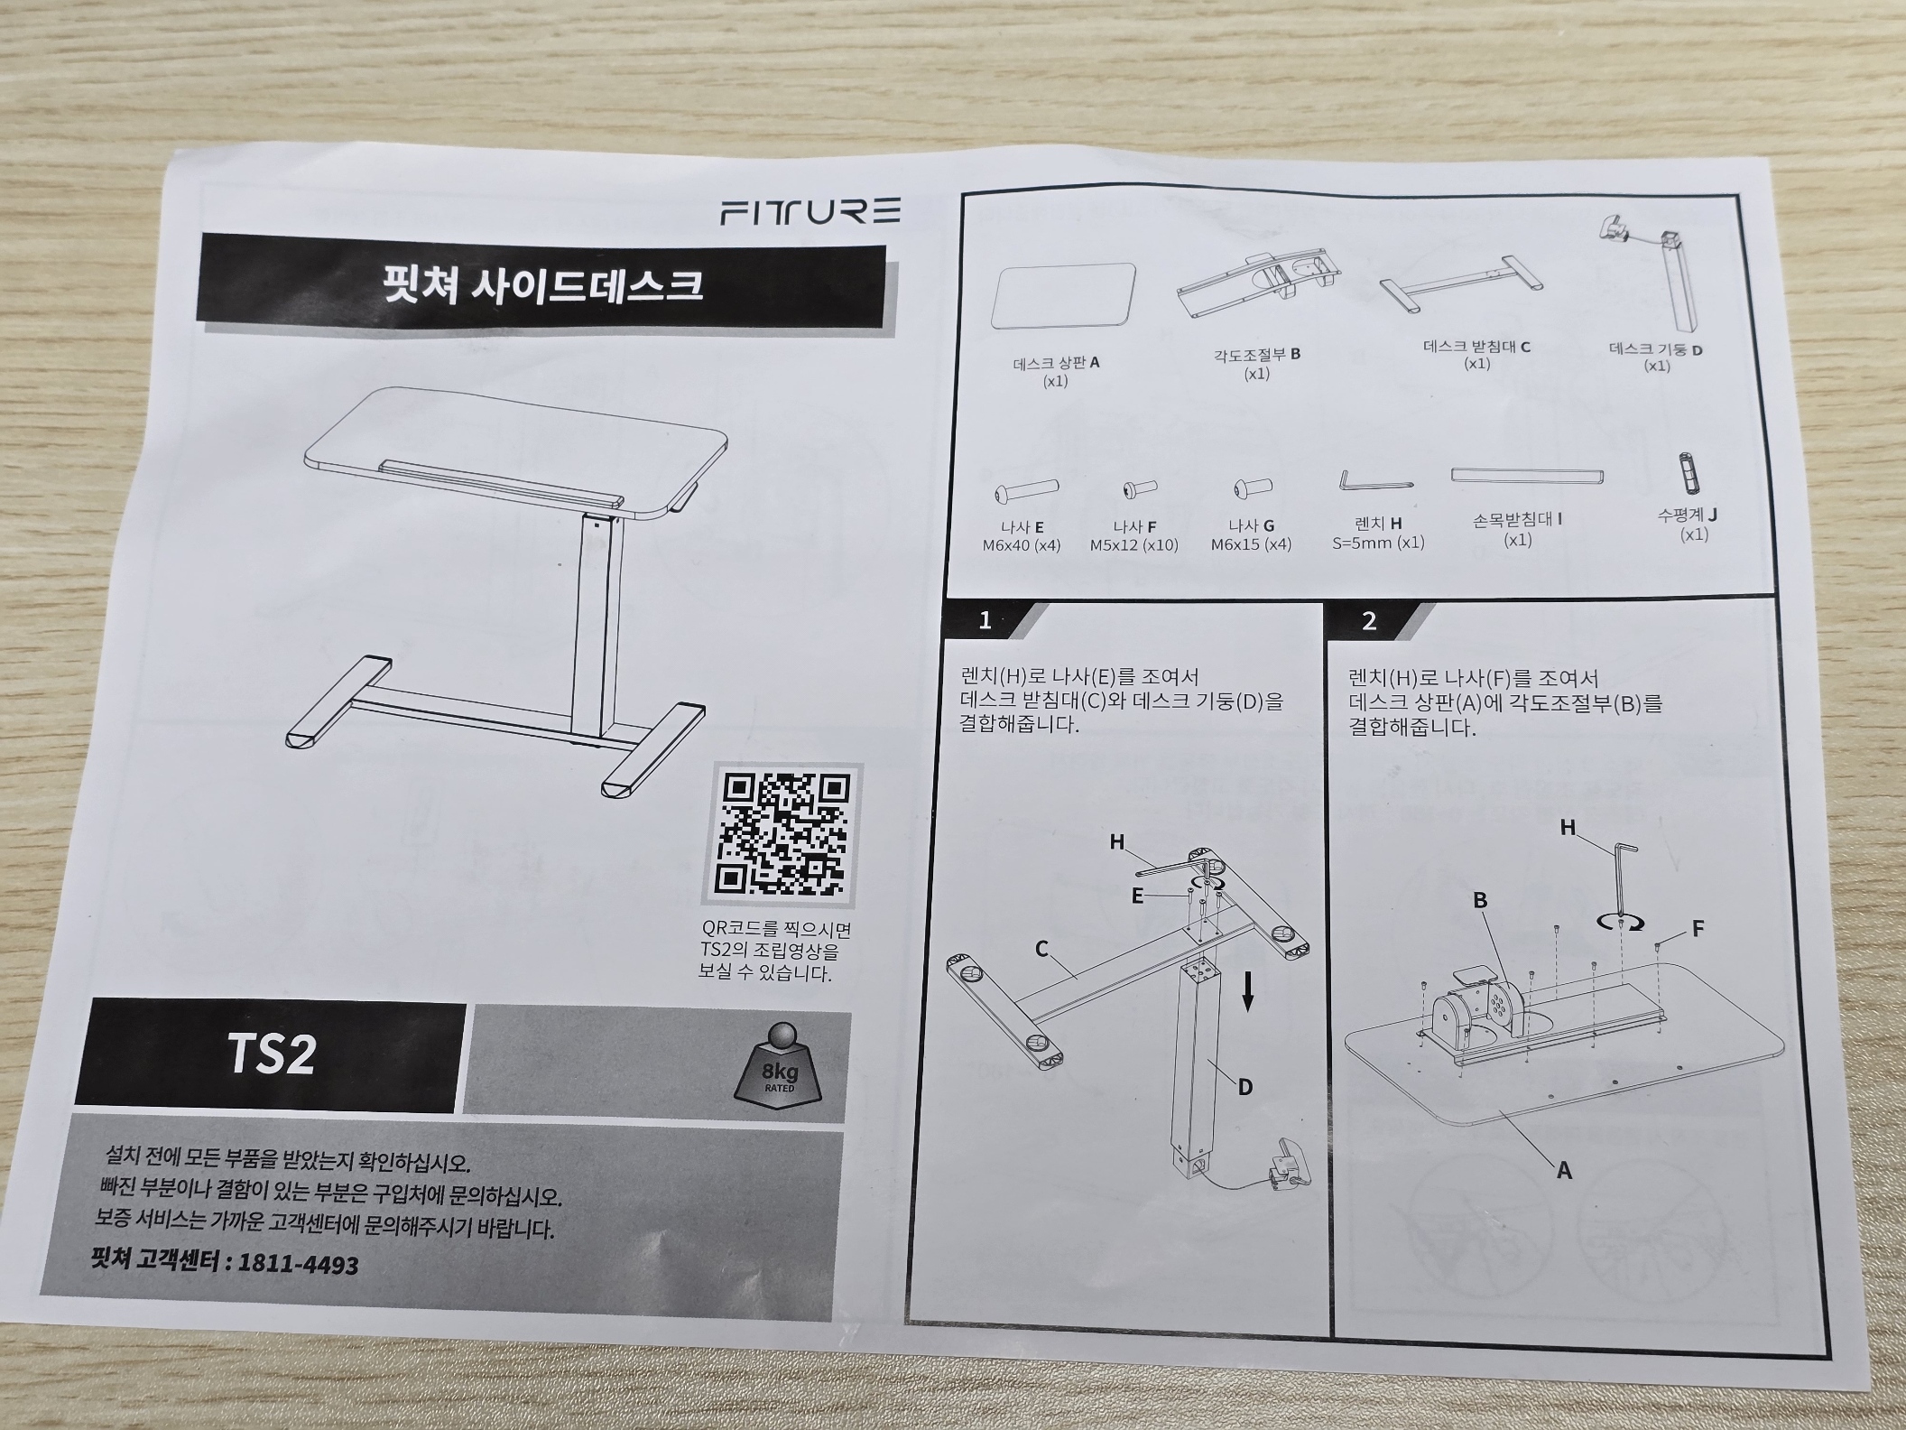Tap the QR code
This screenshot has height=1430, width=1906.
(x=782, y=833)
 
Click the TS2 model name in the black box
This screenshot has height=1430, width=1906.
(x=270, y=1054)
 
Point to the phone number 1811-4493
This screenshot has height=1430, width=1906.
(x=297, y=1263)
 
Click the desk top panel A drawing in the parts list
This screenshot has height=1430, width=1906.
(x=1063, y=295)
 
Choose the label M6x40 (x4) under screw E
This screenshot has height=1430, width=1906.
(x=1021, y=545)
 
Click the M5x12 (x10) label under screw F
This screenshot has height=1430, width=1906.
(x=1133, y=545)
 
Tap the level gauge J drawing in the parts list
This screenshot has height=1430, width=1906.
(x=1685, y=471)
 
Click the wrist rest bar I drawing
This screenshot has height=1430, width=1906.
(x=1528, y=476)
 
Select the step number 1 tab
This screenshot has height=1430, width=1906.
(x=985, y=620)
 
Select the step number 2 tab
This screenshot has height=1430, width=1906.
(x=1369, y=621)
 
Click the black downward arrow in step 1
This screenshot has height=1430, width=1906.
(x=1248, y=991)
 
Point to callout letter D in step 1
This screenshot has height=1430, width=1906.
(x=1244, y=1087)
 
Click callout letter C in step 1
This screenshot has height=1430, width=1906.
(x=1041, y=949)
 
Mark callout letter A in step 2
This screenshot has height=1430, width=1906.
(x=1564, y=1171)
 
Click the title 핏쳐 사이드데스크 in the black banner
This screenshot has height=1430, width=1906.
(x=542, y=285)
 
